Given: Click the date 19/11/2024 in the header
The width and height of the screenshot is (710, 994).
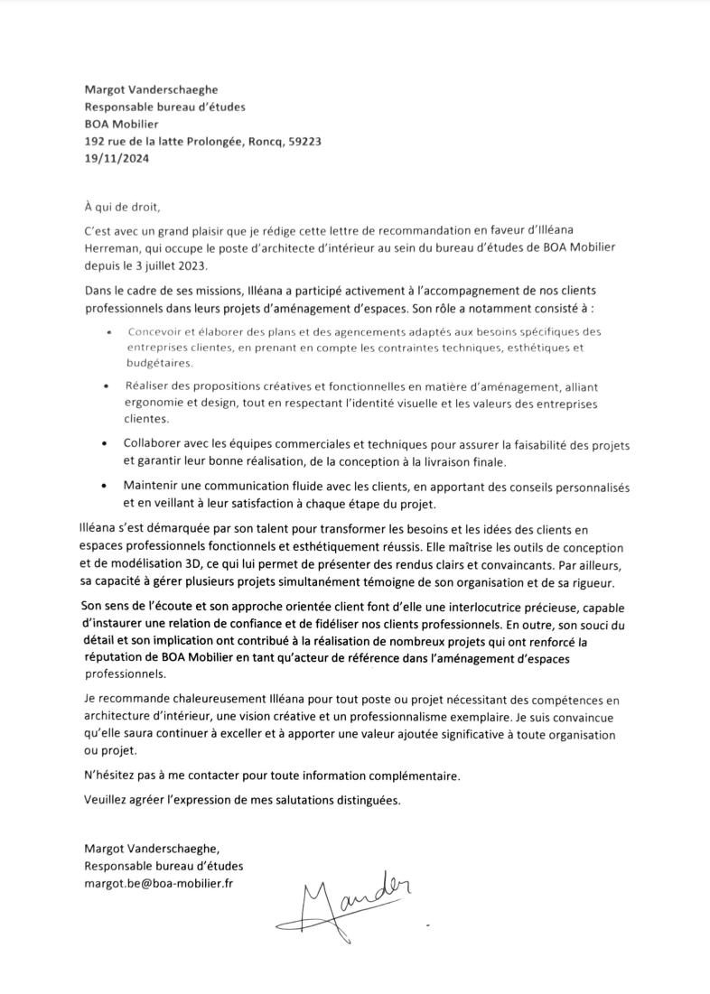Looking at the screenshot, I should pos(116,158).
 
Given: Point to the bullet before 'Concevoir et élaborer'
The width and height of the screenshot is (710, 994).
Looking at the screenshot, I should pos(109,332).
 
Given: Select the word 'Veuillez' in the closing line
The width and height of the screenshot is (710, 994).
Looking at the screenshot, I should pos(107,800).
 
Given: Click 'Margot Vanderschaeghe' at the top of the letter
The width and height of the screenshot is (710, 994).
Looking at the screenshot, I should pos(151,89).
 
